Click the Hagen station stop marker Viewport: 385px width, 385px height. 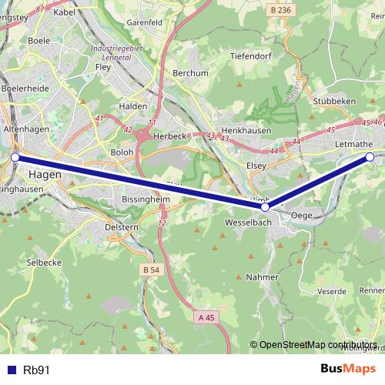tap(15, 157)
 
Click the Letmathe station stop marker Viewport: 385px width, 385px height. tap(370, 157)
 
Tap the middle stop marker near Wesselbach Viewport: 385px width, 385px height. tap(265, 206)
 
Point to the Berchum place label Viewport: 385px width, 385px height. tap(191, 73)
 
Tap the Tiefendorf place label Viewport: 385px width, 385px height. tap(250, 56)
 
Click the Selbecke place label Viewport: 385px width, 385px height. tap(44, 263)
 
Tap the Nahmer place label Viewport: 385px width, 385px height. tap(263, 276)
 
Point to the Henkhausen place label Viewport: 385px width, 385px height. tap(246, 131)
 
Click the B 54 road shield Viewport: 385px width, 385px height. tap(151, 269)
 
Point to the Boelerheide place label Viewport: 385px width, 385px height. tap(25, 89)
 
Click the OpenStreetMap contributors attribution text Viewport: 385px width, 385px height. tap(318, 345)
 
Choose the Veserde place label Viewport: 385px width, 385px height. tap(332, 291)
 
